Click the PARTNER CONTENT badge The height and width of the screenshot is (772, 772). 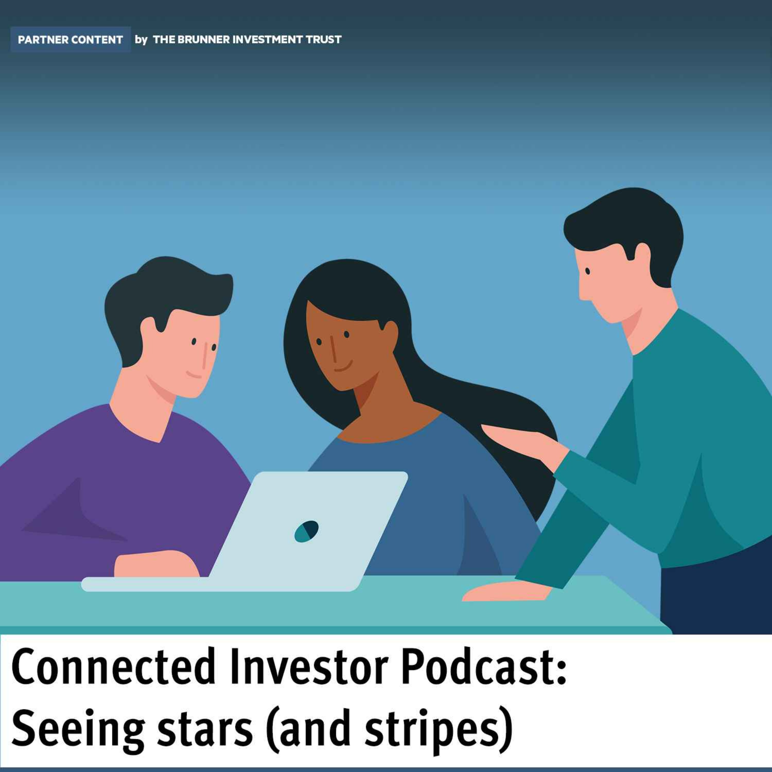click(x=70, y=40)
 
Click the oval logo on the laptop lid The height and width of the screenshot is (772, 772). click(x=306, y=531)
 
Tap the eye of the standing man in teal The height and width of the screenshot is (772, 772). click(x=588, y=271)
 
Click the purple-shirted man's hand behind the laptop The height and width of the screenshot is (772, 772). click(x=156, y=564)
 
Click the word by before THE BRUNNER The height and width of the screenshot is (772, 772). click(x=141, y=40)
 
